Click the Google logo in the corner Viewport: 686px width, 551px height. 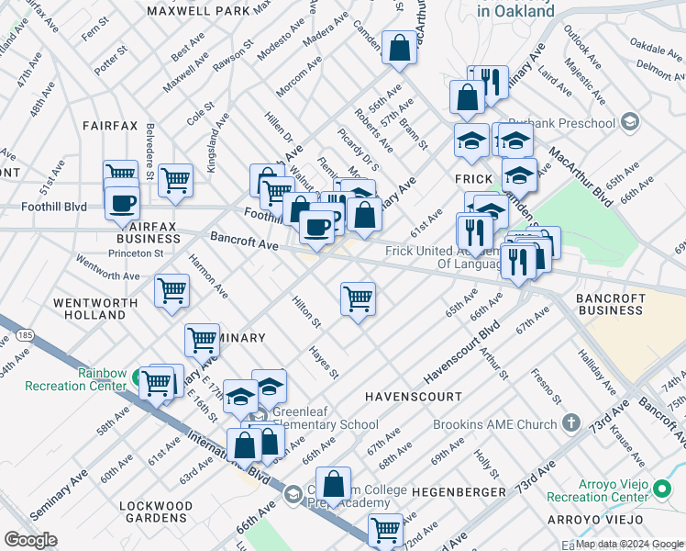(x=30, y=540)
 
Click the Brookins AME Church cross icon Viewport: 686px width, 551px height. (x=571, y=423)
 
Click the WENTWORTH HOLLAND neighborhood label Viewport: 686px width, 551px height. (x=89, y=309)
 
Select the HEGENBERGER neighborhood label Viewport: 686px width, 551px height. (x=459, y=492)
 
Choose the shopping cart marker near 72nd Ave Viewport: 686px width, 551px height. (x=385, y=529)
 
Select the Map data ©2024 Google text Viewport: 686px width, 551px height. (x=629, y=544)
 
